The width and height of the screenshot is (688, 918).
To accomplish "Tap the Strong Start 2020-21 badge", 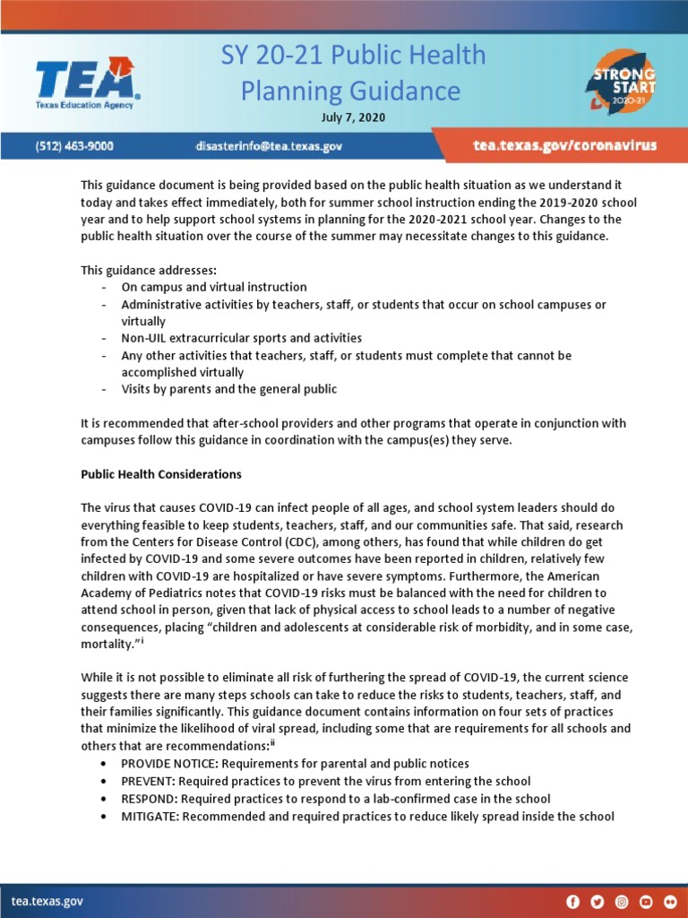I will point(621,87).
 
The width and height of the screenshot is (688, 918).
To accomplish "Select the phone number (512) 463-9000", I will point(74,145).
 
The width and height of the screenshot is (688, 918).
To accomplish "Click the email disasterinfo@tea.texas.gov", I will point(269,145).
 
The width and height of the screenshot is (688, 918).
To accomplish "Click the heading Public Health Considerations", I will point(161,474).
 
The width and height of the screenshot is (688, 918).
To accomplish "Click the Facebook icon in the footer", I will point(573,901).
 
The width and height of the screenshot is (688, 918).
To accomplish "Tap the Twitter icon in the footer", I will point(598,901).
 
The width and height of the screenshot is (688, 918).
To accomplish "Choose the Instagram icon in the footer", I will point(622,901).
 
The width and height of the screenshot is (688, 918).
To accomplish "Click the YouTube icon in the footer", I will point(646,901).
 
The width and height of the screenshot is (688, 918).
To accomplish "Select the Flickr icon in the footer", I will point(670,901).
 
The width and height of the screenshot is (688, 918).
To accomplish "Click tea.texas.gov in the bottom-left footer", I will point(47,900).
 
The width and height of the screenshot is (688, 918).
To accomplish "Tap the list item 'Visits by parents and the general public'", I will point(229,389).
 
